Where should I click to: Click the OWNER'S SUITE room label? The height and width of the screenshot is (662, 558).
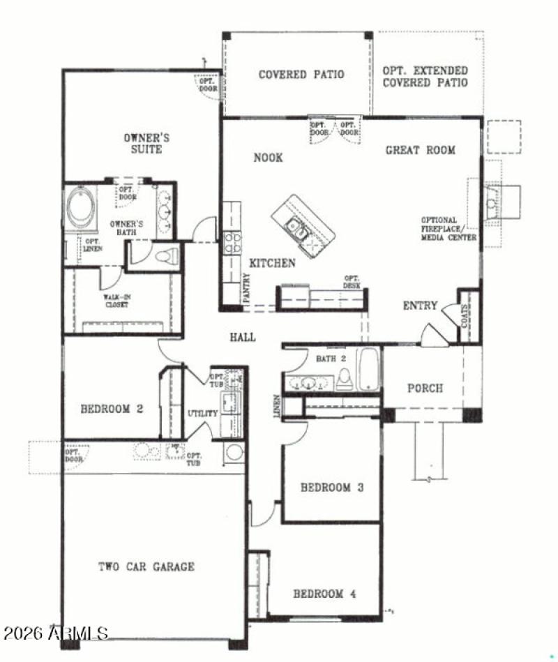(146, 144)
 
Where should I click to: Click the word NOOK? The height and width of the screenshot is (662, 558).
(268, 158)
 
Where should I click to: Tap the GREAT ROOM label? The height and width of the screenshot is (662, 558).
(421, 149)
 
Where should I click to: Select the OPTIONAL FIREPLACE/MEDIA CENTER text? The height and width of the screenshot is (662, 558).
(448, 229)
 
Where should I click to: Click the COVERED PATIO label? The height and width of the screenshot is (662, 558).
(301, 74)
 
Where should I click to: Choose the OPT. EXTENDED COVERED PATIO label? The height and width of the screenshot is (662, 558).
(425, 77)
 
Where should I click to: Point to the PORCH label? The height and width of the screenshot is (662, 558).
(425, 388)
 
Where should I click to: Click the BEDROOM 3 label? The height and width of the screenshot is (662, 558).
(332, 488)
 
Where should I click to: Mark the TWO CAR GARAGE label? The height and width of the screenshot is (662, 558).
(146, 566)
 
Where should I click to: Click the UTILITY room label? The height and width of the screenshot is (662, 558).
(203, 414)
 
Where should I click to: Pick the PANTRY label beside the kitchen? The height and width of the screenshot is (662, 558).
(247, 289)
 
